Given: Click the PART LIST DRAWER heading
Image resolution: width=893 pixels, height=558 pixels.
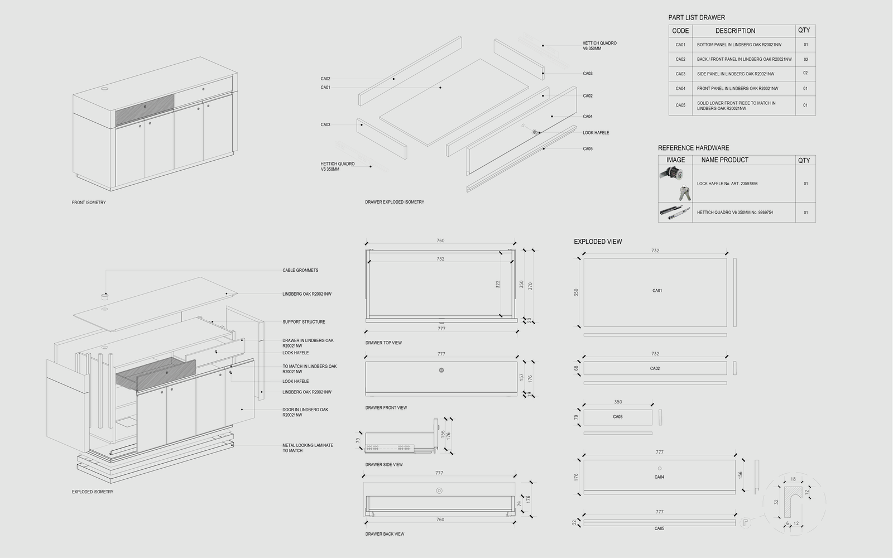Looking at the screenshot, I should pyautogui.click(x=697, y=17).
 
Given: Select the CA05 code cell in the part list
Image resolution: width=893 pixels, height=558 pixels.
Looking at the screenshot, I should pyautogui.click(x=680, y=105).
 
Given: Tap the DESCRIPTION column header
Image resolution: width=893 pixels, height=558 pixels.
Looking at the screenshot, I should pyautogui.click(x=735, y=31).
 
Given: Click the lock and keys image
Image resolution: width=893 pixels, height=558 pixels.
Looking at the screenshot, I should pyautogui.click(x=675, y=184).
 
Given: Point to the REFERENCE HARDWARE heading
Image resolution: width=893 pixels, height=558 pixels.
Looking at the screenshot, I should pyautogui.click(x=693, y=148).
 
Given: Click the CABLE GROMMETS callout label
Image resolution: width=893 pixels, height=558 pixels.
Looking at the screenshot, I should pyautogui.click(x=300, y=271).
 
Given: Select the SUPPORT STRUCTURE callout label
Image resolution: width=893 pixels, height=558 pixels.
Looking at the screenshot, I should pyautogui.click(x=304, y=322).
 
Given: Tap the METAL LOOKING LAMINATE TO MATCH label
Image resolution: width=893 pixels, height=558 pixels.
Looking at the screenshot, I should pyautogui.click(x=308, y=448).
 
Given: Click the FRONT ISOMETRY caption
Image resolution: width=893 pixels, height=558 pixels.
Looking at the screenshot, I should pyautogui.click(x=89, y=203).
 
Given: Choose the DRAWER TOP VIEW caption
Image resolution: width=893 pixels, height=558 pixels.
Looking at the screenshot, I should pyautogui.click(x=383, y=343).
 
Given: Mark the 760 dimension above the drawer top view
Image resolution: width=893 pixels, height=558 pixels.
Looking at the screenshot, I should pyautogui.click(x=440, y=241).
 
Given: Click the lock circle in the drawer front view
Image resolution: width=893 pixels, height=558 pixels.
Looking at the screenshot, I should pyautogui.click(x=441, y=370).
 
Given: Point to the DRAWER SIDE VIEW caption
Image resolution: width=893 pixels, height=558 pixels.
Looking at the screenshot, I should pyautogui.click(x=384, y=465).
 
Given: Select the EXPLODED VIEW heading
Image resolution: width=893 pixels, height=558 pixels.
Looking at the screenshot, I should pyautogui.click(x=598, y=242).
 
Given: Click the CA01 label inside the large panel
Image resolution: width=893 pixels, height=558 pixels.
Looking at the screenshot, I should pyautogui.click(x=657, y=291).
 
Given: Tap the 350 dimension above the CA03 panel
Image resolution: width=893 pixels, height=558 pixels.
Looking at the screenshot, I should pyautogui.click(x=618, y=402).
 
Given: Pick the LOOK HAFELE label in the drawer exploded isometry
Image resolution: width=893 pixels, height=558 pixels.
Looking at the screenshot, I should pyautogui.click(x=596, y=133).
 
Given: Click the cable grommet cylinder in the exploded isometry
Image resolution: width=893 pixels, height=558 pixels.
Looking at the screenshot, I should pyautogui.click(x=104, y=295).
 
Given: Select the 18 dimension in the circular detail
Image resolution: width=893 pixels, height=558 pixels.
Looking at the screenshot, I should pyautogui.click(x=793, y=479).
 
